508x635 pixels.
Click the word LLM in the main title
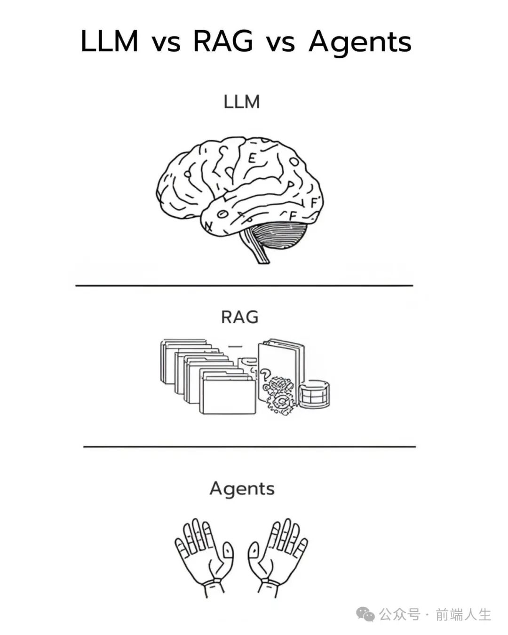tap(109, 41)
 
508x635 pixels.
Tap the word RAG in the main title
tap(223, 41)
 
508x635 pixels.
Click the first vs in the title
tap(166, 43)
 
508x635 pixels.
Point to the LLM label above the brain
tap(242, 102)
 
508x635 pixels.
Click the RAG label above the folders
tap(240, 317)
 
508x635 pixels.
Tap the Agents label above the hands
tap(242, 489)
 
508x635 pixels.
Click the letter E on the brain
tap(253, 158)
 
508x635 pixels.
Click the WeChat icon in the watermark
tap(365, 614)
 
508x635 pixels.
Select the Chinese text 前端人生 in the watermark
tap(463, 614)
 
